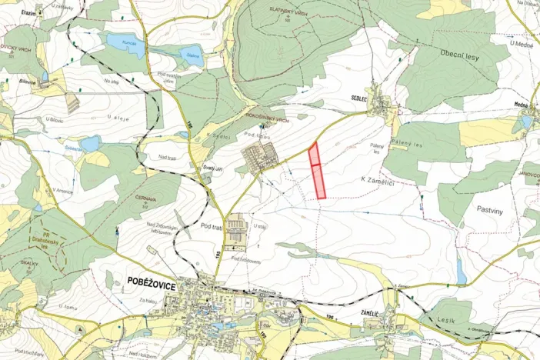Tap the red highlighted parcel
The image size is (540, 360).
[x=317, y=171]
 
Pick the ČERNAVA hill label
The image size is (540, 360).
[x=145, y=198]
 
